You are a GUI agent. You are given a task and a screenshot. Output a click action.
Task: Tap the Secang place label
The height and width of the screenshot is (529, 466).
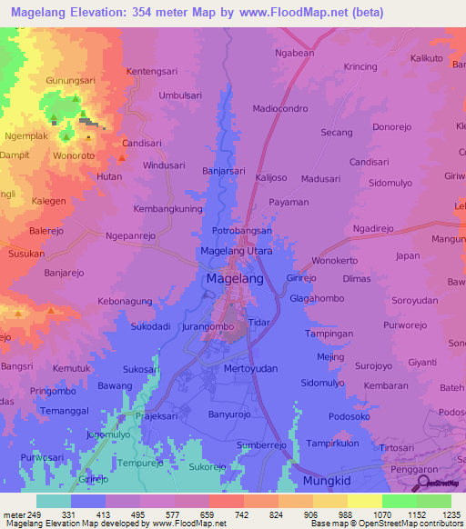[337, 132]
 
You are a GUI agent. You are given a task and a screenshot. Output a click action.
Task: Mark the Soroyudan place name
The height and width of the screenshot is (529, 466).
[414, 300]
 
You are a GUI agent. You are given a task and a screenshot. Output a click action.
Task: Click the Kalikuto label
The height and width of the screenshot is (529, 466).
[427, 58]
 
